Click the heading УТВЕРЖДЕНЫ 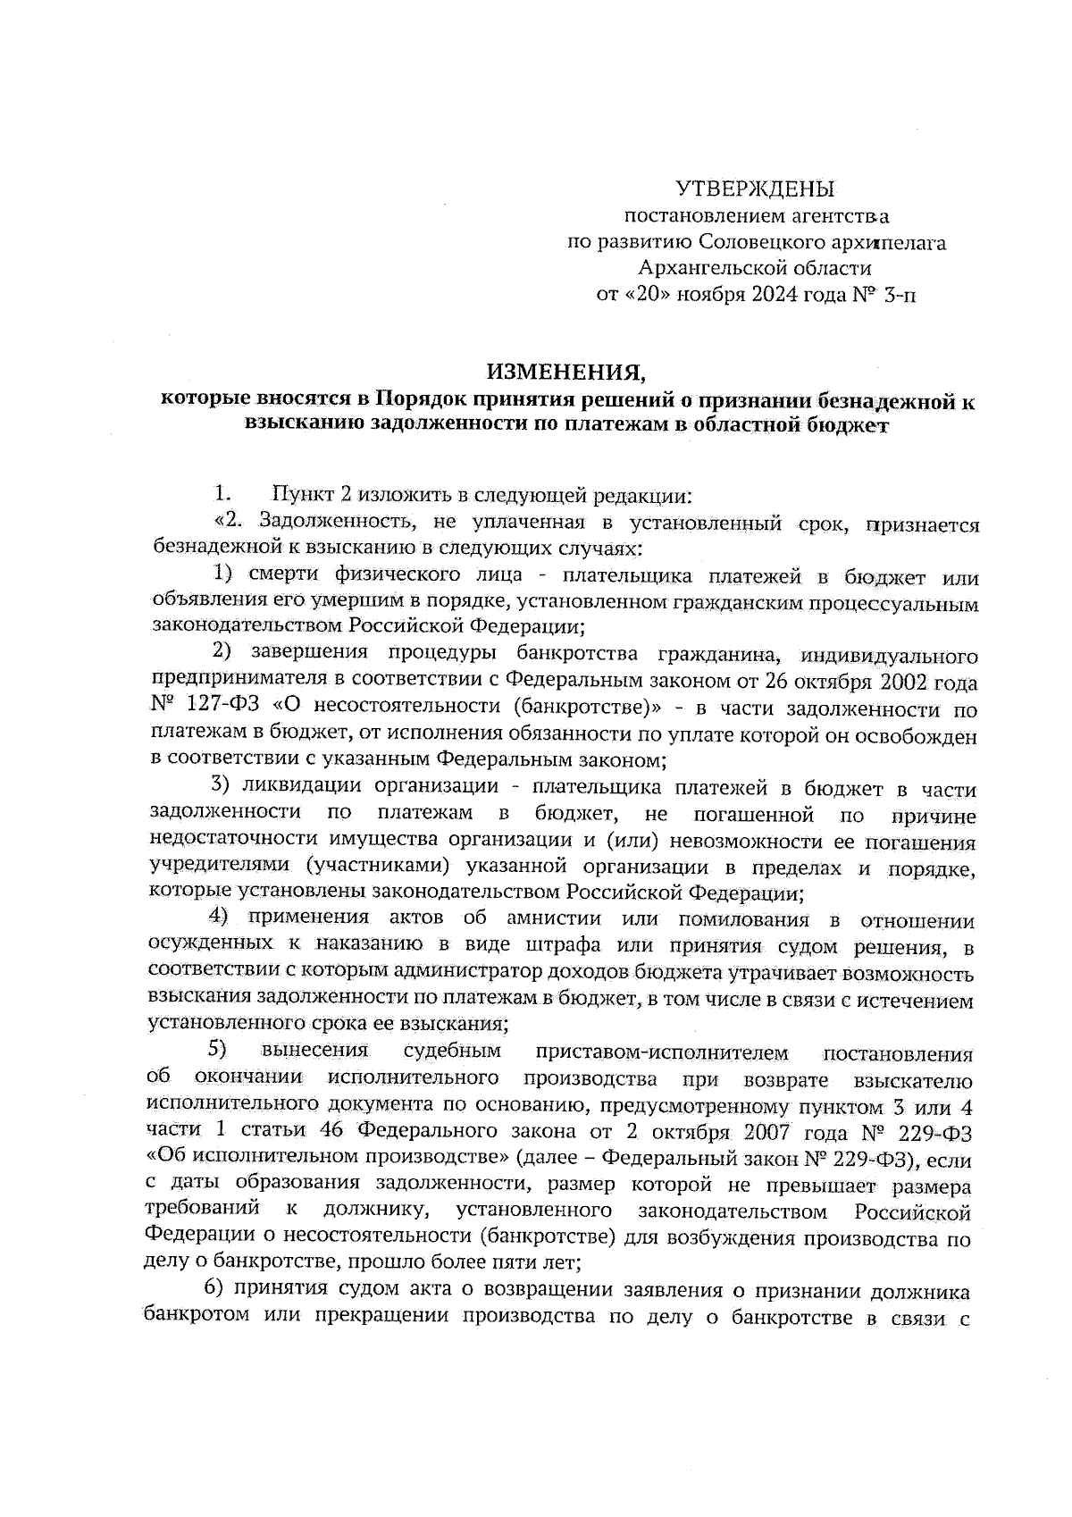point(754,189)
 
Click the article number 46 point(331,1133)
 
